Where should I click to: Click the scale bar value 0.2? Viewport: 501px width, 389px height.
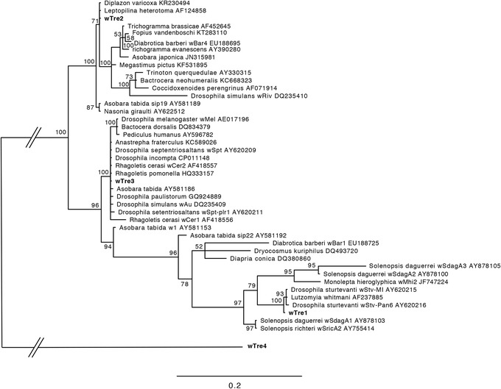(x=239, y=383)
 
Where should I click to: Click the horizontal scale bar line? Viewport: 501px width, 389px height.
(x=239, y=374)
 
